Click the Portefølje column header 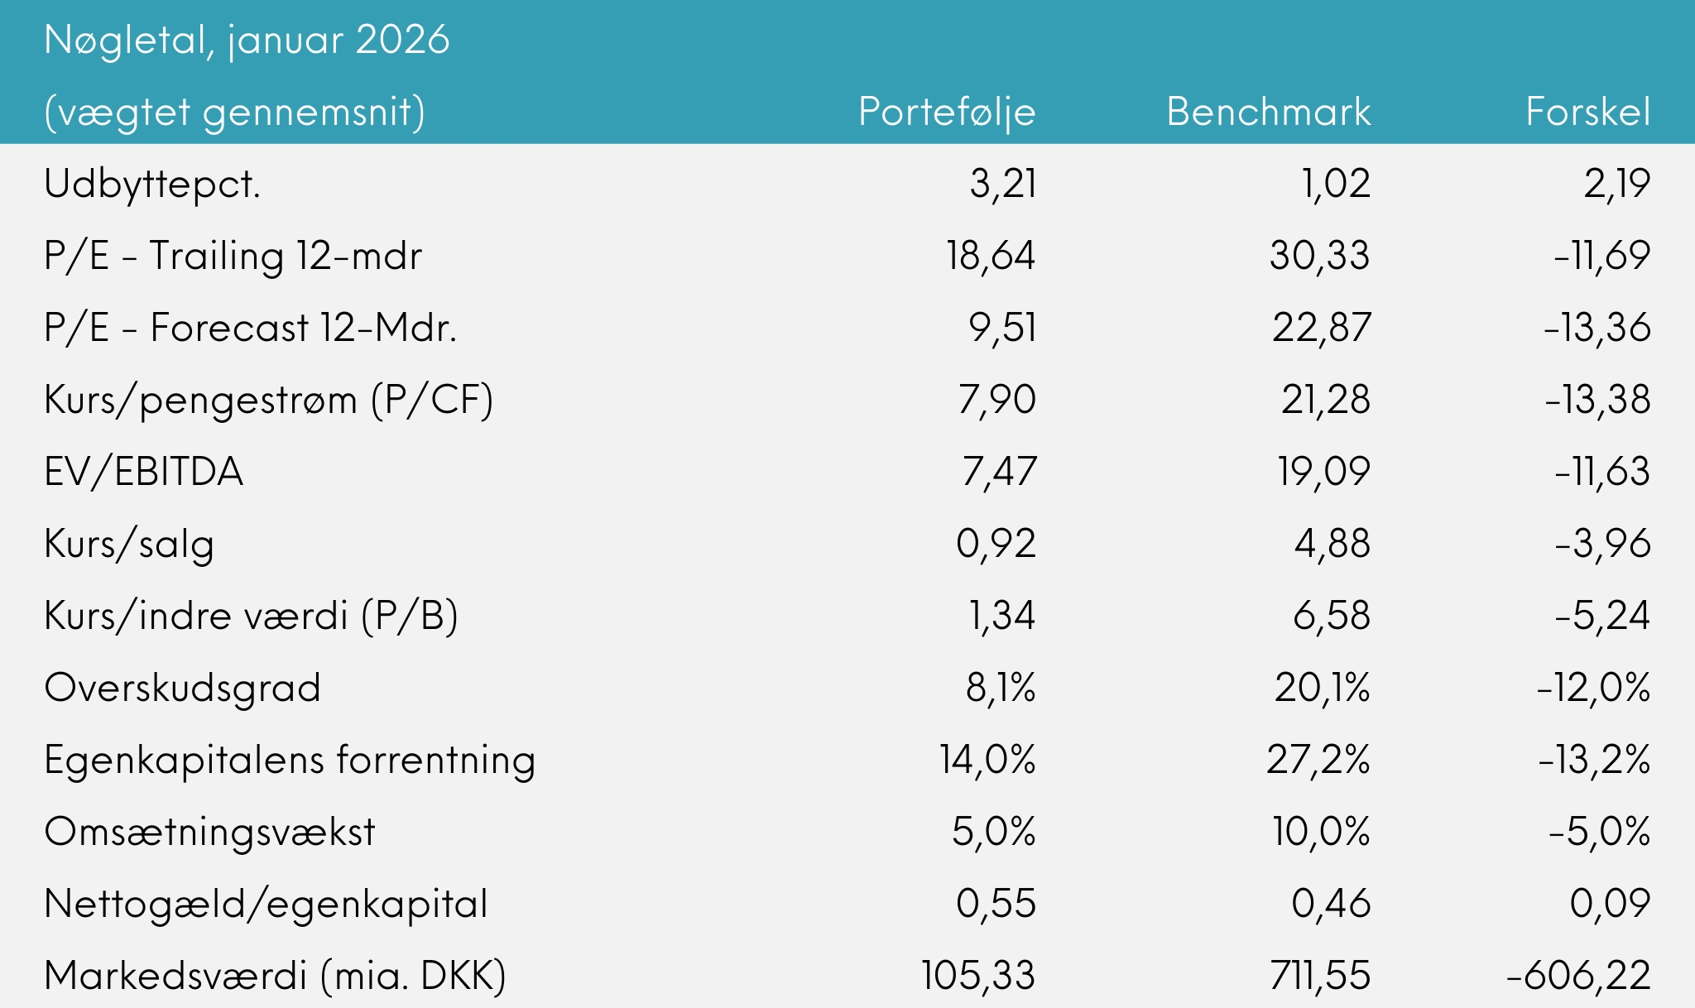(947, 112)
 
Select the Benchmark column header (1268, 112)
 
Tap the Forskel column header (1587, 112)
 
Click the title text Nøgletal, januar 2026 (247, 40)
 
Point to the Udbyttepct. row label (152, 184)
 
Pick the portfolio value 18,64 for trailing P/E (991, 256)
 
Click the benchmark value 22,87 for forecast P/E (1321, 328)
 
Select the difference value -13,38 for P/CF (1597, 400)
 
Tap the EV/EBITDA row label (144, 472)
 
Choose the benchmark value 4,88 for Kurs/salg (1332, 544)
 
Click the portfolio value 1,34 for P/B (1001, 616)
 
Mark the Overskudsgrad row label (182, 688)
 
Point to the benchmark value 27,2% (1318, 760)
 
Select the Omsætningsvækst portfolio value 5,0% (993, 832)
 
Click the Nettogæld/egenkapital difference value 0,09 (1610, 904)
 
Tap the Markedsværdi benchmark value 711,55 (1319, 976)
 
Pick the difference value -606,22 (1578, 976)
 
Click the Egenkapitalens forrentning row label (290, 760)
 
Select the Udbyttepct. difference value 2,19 (1616, 184)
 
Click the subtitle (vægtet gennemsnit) (234, 112)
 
